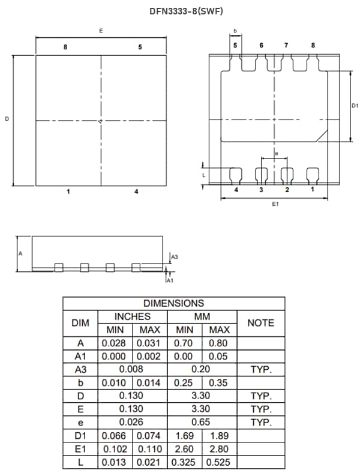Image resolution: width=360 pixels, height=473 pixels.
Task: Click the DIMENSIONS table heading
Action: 173,304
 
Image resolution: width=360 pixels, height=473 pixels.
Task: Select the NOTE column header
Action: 261,323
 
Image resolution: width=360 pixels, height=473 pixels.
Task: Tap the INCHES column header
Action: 133,316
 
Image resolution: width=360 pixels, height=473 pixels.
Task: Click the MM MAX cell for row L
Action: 220,463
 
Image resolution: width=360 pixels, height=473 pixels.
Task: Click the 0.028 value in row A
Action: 114,343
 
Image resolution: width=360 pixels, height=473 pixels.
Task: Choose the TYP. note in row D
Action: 261,396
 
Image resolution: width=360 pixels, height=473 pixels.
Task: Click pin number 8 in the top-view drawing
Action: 65,47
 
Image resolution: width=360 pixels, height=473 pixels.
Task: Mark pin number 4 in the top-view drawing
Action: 136,191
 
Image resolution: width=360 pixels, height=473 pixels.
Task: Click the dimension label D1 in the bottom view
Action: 355,106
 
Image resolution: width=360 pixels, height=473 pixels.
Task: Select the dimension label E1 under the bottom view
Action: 275,205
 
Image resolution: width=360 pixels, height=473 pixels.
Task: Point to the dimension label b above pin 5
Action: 235,31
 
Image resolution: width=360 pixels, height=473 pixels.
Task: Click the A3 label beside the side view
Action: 174,257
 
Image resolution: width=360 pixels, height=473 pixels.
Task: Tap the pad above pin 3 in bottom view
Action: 262,175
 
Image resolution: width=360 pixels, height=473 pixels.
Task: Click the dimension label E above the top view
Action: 100,31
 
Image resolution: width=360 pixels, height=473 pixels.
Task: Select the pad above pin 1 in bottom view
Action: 313,175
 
